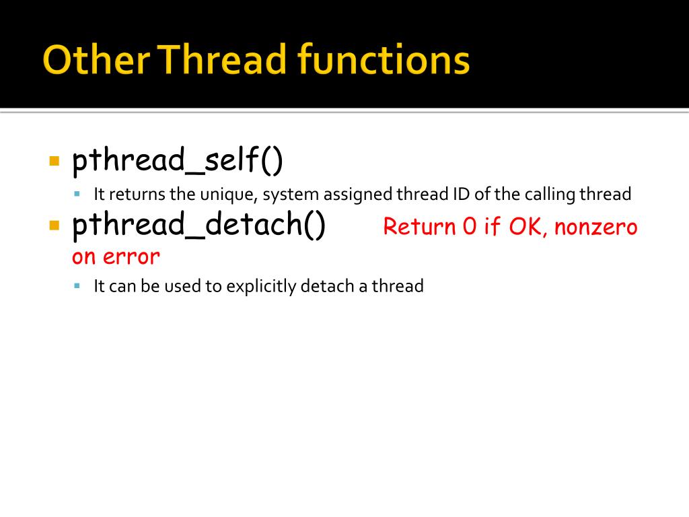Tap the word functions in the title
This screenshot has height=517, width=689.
(x=384, y=61)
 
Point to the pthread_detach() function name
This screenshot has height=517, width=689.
(x=199, y=225)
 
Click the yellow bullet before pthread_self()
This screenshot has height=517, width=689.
(x=55, y=162)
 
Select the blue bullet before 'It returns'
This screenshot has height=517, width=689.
(x=77, y=194)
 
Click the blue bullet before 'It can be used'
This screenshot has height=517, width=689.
(x=77, y=285)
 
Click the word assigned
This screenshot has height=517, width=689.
(x=359, y=195)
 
